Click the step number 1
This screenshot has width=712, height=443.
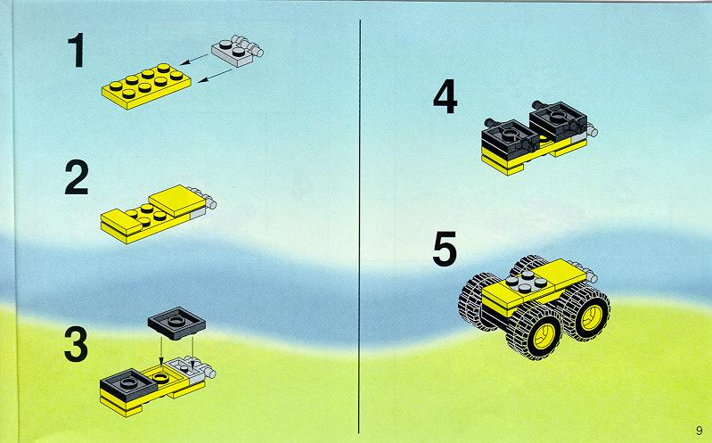[x=77, y=50]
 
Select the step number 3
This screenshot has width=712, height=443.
[x=77, y=344]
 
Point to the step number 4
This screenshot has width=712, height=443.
[x=445, y=96]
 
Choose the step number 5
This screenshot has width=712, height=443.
[x=445, y=249]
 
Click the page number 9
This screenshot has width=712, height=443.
[x=700, y=430]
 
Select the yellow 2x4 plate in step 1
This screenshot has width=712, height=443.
[x=146, y=86]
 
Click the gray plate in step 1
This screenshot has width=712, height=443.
[x=237, y=51]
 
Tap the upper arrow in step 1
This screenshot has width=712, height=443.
[x=194, y=60]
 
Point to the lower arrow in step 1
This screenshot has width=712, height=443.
[x=215, y=76]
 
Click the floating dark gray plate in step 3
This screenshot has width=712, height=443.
[x=176, y=323]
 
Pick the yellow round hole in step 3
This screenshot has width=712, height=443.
[x=160, y=377]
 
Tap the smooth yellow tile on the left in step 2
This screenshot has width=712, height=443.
[x=121, y=222]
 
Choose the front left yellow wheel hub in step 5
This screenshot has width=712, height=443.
[x=544, y=338]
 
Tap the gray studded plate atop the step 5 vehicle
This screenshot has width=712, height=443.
[x=526, y=282]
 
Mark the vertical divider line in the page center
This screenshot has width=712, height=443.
[x=360, y=226]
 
